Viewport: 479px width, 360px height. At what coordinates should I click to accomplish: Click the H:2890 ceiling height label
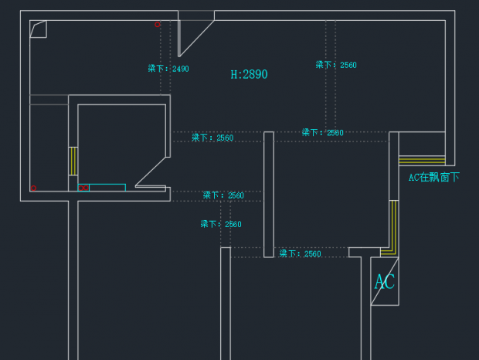tap(249, 75)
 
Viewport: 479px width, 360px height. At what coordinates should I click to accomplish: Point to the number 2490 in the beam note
tap(180, 69)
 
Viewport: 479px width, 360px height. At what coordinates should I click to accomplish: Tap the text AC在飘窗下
tap(433, 177)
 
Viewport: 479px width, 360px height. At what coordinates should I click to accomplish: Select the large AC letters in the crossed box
tap(384, 281)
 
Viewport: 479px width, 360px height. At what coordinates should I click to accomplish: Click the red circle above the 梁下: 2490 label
tap(158, 25)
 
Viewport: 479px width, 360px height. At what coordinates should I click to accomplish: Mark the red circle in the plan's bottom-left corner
tap(33, 188)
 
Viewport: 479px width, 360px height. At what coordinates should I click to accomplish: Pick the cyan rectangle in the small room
tap(107, 187)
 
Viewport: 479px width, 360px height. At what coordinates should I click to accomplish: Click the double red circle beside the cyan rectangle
tap(83, 188)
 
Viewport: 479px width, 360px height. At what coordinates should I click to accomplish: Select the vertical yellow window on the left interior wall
tap(73, 160)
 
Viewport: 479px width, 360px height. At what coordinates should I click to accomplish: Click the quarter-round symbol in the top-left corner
tap(39, 29)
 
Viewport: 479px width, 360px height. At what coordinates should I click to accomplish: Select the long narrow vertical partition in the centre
tap(269, 194)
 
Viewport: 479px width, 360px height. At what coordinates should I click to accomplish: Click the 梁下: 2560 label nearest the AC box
tap(300, 253)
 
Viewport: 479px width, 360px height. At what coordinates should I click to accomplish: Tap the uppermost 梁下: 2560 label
tap(336, 65)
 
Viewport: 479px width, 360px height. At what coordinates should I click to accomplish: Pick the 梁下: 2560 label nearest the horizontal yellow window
tap(322, 133)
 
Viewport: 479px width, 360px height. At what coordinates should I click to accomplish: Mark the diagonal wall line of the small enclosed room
tap(152, 171)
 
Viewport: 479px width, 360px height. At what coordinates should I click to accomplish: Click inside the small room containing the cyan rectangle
tap(120, 143)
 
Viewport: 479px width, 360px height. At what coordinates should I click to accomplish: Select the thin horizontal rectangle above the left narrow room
tap(49, 100)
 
